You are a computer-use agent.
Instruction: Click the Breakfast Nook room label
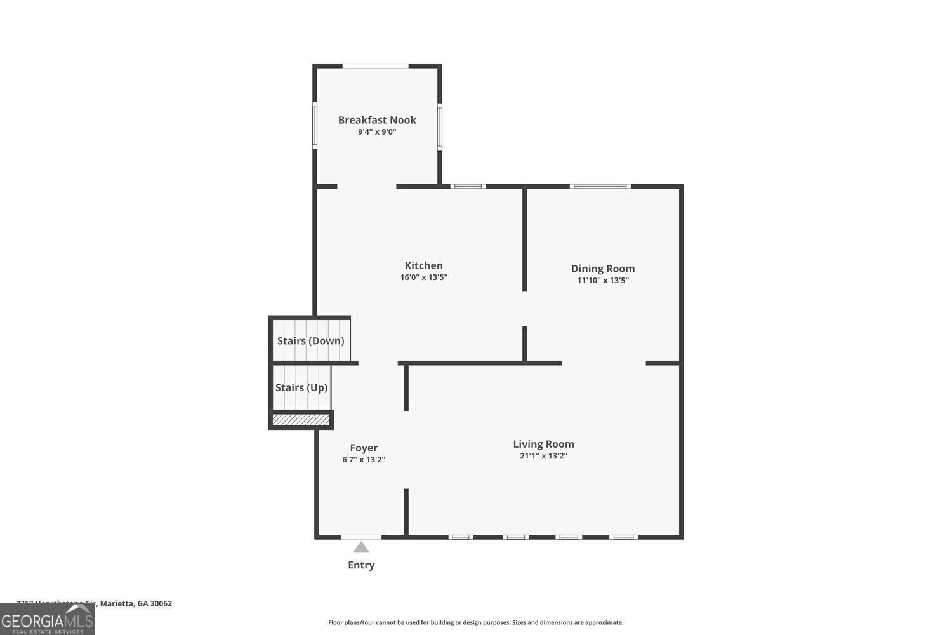point(377,120)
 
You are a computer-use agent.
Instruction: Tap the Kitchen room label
point(423,265)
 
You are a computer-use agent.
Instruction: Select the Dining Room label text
point(602,269)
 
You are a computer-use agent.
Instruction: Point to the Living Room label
point(543,444)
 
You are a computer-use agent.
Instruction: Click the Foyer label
point(364,448)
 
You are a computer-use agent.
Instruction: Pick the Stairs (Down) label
point(310,341)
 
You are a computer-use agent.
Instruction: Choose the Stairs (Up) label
point(301,387)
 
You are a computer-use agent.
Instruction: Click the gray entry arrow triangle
point(361,547)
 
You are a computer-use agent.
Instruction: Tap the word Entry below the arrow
point(361,565)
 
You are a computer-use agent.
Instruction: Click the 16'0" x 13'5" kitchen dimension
point(423,277)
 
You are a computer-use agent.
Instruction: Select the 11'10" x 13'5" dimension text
point(602,280)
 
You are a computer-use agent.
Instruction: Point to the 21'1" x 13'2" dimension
point(543,456)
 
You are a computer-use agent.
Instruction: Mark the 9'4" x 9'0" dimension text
point(377,132)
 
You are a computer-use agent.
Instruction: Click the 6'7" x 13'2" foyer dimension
point(364,460)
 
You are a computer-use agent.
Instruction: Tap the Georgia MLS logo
point(47,620)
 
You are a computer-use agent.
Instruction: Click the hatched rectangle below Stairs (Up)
point(301,420)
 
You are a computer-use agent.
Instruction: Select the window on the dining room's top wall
point(600,186)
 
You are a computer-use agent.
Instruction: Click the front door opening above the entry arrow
point(361,537)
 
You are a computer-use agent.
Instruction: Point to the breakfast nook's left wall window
point(315,126)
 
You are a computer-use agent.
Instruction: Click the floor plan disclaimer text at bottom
point(475,623)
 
